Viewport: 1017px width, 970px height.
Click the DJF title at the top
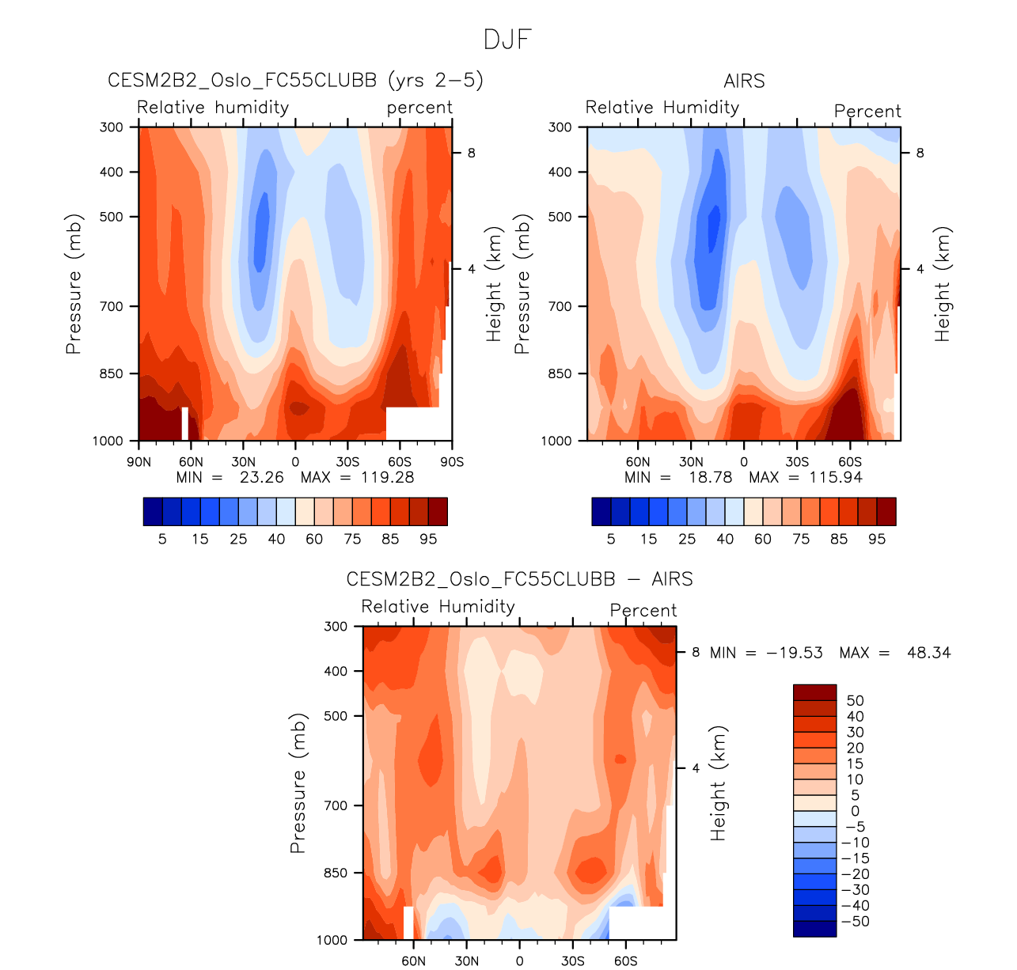click(507, 40)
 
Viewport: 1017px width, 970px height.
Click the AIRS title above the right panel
click(744, 81)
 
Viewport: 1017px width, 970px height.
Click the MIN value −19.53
click(795, 653)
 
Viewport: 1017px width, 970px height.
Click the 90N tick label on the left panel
click(139, 462)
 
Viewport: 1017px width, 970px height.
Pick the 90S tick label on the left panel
click(452, 462)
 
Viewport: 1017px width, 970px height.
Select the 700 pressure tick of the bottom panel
click(336, 805)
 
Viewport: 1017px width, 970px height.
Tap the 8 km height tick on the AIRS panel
click(920, 153)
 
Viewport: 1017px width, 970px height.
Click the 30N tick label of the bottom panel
click(466, 961)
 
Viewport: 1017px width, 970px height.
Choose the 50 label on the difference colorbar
click(855, 700)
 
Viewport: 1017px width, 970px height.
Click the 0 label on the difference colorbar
click(855, 811)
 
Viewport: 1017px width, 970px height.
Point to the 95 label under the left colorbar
click(428, 539)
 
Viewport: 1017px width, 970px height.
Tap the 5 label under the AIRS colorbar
click(610, 539)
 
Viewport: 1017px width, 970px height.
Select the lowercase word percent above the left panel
click(419, 108)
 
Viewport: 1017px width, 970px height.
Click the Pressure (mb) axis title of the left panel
click(74, 283)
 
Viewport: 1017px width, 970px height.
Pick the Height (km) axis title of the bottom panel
click(718, 782)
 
